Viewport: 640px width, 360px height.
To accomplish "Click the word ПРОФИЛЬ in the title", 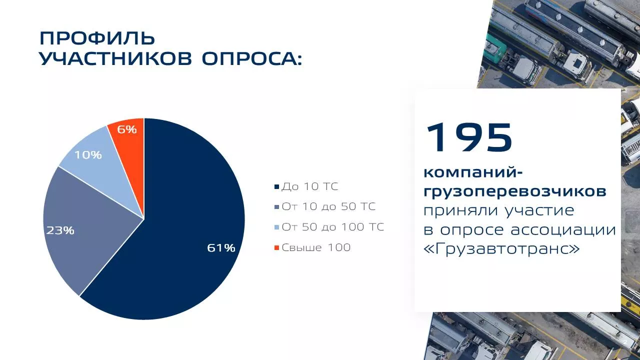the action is pyautogui.click(x=97, y=38).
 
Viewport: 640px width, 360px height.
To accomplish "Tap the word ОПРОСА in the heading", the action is pyautogui.click(x=251, y=59).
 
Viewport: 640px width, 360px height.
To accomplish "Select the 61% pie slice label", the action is pyautogui.click(x=221, y=248).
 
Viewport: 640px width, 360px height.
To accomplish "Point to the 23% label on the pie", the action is pyautogui.click(x=60, y=230).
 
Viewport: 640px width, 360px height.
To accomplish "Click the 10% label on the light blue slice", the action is pyautogui.click(x=88, y=155).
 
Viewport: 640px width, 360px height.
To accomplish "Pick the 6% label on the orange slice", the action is pyautogui.click(x=127, y=129).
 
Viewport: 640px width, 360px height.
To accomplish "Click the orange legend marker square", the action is pyautogui.click(x=276, y=247).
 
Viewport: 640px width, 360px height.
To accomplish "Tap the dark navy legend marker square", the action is pyautogui.click(x=276, y=187).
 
